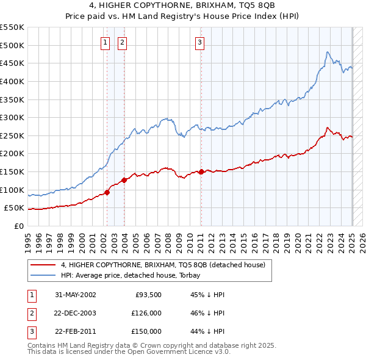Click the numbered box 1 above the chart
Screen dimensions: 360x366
click(x=106, y=42)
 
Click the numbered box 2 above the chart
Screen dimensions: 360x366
click(x=123, y=42)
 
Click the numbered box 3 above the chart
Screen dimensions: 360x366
click(x=199, y=42)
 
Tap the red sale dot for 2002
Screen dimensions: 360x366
click(x=107, y=192)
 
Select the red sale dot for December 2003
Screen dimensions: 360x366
click(x=124, y=180)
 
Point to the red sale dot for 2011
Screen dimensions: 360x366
click(x=201, y=171)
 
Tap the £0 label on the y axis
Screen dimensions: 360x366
click(x=19, y=226)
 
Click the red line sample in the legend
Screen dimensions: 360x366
click(x=43, y=265)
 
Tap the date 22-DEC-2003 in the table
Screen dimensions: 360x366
click(x=76, y=313)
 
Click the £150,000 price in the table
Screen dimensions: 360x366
click(x=146, y=331)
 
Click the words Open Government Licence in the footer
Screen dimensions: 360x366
click(x=180, y=352)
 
